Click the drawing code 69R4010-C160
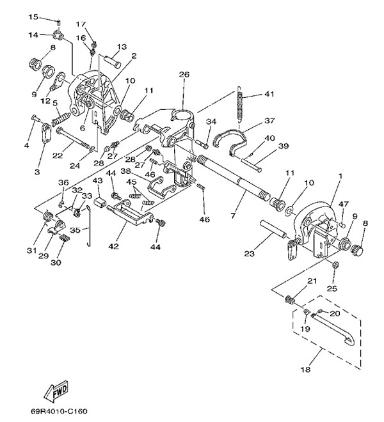[x=67, y=412]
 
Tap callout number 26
[x=184, y=75]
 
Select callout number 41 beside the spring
[x=269, y=94]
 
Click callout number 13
[x=122, y=47]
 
